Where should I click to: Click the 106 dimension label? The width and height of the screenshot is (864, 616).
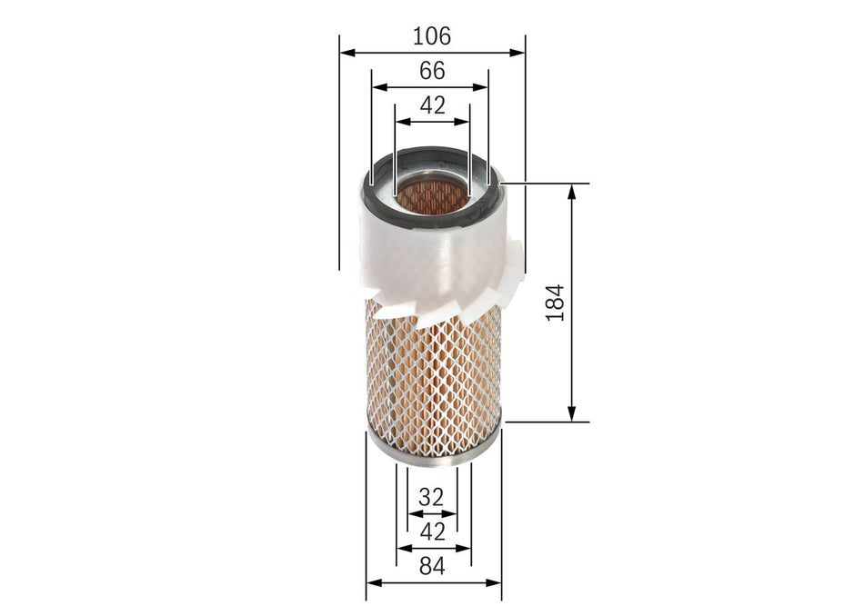point(432,36)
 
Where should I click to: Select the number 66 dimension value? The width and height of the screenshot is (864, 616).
point(432,71)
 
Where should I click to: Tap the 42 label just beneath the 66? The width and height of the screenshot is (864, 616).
point(432,105)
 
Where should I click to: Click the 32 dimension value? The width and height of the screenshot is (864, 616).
point(432,497)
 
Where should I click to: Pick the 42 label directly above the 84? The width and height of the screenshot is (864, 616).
point(432,532)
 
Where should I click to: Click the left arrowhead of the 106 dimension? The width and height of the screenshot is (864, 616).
point(347,54)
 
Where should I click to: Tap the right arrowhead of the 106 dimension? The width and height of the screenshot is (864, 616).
point(518,54)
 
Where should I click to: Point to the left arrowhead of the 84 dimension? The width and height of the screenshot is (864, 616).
point(373,583)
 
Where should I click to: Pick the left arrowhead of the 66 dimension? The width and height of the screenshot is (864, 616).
point(379,88)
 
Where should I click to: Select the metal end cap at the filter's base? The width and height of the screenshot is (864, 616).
point(432,452)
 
